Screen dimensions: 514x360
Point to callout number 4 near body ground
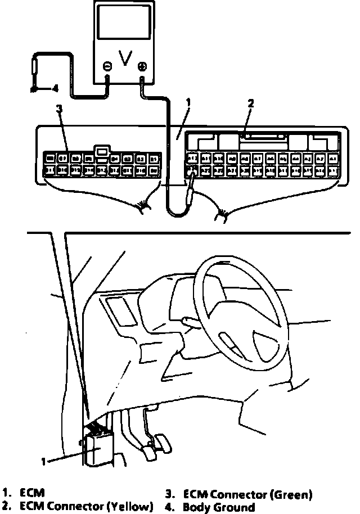(x=55, y=88)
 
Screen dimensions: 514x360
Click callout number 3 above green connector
(x=59, y=109)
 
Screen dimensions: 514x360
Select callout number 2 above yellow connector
(x=251, y=103)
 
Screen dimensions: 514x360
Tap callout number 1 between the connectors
(x=188, y=103)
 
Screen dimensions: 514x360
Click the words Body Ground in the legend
(x=219, y=507)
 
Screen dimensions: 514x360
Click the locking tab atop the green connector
(x=102, y=151)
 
